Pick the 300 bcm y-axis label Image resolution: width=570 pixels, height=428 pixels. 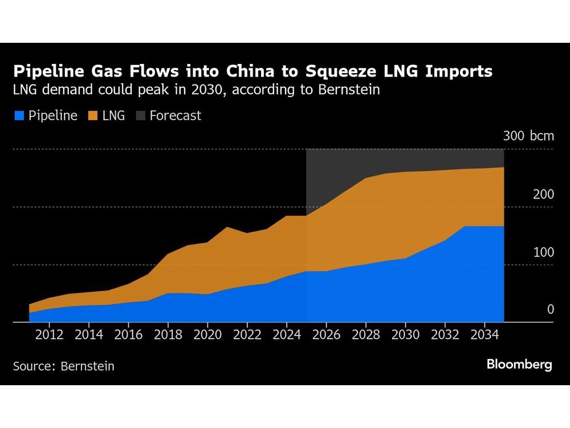point(528,136)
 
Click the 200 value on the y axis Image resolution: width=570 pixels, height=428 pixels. point(543,194)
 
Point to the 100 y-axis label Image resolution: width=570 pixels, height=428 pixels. point(543,252)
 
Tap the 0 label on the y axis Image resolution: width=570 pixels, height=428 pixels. point(550,309)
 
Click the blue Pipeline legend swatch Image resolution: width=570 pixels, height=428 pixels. point(18,116)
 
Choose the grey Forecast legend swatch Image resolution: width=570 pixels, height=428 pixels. point(140,116)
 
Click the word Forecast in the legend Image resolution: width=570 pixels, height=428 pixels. point(175,116)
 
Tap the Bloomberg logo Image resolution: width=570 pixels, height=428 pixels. point(519,365)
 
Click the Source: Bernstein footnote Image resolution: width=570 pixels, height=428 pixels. point(63,366)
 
